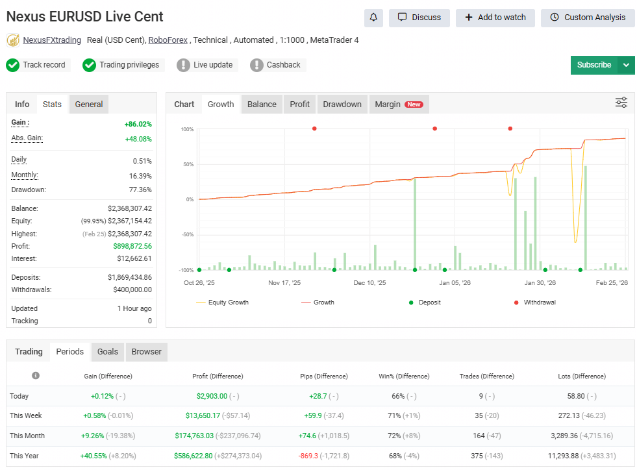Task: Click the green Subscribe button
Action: pyautogui.click(x=593, y=65)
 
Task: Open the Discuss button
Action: pyautogui.click(x=419, y=18)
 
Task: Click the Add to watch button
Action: pyautogui.click(x=495, y=18)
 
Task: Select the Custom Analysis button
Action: pyautogui.click(x=588, y=18)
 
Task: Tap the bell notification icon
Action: pyautogui.click(x=373, y=18)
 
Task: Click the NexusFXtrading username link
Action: pyautogui.click(x=52, y=40)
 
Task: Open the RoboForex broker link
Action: pyautogui.click(x=168, y=40)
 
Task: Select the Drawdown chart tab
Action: pyautogui.click(x=342, y=105)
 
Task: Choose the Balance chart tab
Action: pyautogui.click(x=262, y=105)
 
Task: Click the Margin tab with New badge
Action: pyautogui.click(x=398, y=105)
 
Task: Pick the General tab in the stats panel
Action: pyautogui.click(x=89, y=105)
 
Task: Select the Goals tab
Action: pyautogui.click(x=108, y=352)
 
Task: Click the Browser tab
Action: pyautogui.click(x=147, y=352)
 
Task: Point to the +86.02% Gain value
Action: pyautogui.click(x=138, y=123)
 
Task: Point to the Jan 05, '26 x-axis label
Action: pyautogui.click(x=455, y=283)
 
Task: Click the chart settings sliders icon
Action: pyautogui.click(x=621, y=103)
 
